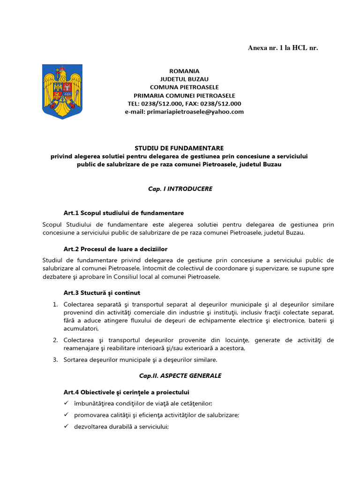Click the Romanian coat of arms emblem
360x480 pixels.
(62, 91)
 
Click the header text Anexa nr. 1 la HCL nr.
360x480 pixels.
(283, 48)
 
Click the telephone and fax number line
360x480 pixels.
(184, 104)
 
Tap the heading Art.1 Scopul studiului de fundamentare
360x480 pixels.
(124, 213)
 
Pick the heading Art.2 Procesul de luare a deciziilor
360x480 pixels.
(115, 248)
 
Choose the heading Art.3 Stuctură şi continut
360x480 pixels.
(102, 293)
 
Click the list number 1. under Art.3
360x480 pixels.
(55, 304)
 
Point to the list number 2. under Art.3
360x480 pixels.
(55, 340)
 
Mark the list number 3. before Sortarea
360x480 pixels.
(55, 360)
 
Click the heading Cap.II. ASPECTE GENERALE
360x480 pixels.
(180, 376)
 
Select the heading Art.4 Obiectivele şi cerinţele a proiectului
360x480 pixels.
(126, 392)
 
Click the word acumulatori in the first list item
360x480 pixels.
(81, 329)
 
